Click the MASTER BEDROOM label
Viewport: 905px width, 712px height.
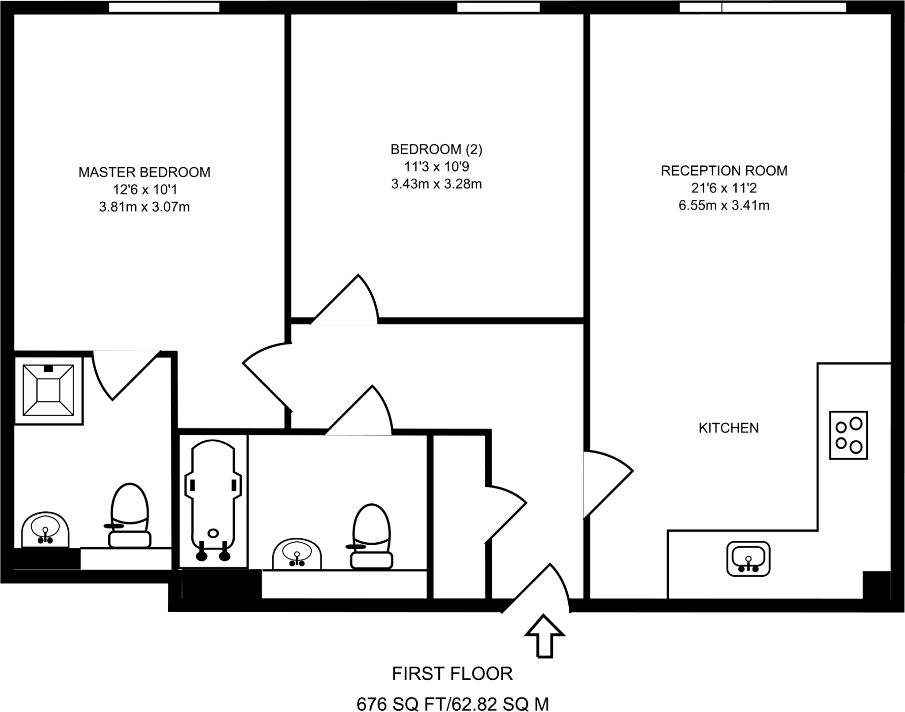144,172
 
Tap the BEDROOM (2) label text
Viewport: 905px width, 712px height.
436,149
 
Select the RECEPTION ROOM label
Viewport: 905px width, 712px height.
724,171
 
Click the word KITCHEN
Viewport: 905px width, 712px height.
728,428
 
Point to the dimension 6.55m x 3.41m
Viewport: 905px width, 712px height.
724,206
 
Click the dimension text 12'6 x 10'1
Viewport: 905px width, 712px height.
144,190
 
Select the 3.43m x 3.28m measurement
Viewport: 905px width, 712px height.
436,184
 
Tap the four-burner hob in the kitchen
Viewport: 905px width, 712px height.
848,435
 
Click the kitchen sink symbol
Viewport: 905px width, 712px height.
748,559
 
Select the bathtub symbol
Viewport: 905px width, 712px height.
213,500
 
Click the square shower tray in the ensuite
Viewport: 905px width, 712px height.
48,390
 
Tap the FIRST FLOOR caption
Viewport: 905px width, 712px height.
452,674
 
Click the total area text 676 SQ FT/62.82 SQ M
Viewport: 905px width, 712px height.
452,703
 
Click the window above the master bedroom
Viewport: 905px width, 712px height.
164,7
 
